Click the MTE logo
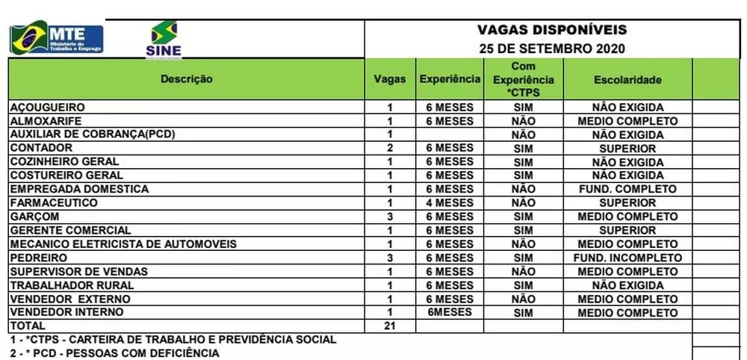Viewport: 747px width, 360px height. (56, 38)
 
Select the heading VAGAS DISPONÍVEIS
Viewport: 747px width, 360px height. (552, 31)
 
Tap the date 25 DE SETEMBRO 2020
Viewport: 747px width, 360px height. (552, 49)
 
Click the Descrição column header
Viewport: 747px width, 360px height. (187, 79)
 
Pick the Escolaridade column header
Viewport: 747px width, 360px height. (627, 80)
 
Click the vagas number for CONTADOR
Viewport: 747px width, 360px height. (389, 148)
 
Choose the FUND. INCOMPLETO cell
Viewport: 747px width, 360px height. (627, 258)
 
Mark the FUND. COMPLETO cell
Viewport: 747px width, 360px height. (627, 189)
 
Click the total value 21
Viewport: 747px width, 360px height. (389, 326)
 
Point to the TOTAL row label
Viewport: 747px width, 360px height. (28, 326)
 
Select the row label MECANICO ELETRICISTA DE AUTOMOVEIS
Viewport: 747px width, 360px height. (123, 243)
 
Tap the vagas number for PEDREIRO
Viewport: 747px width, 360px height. (389, 258)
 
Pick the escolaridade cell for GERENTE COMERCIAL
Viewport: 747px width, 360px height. (627, 230)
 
